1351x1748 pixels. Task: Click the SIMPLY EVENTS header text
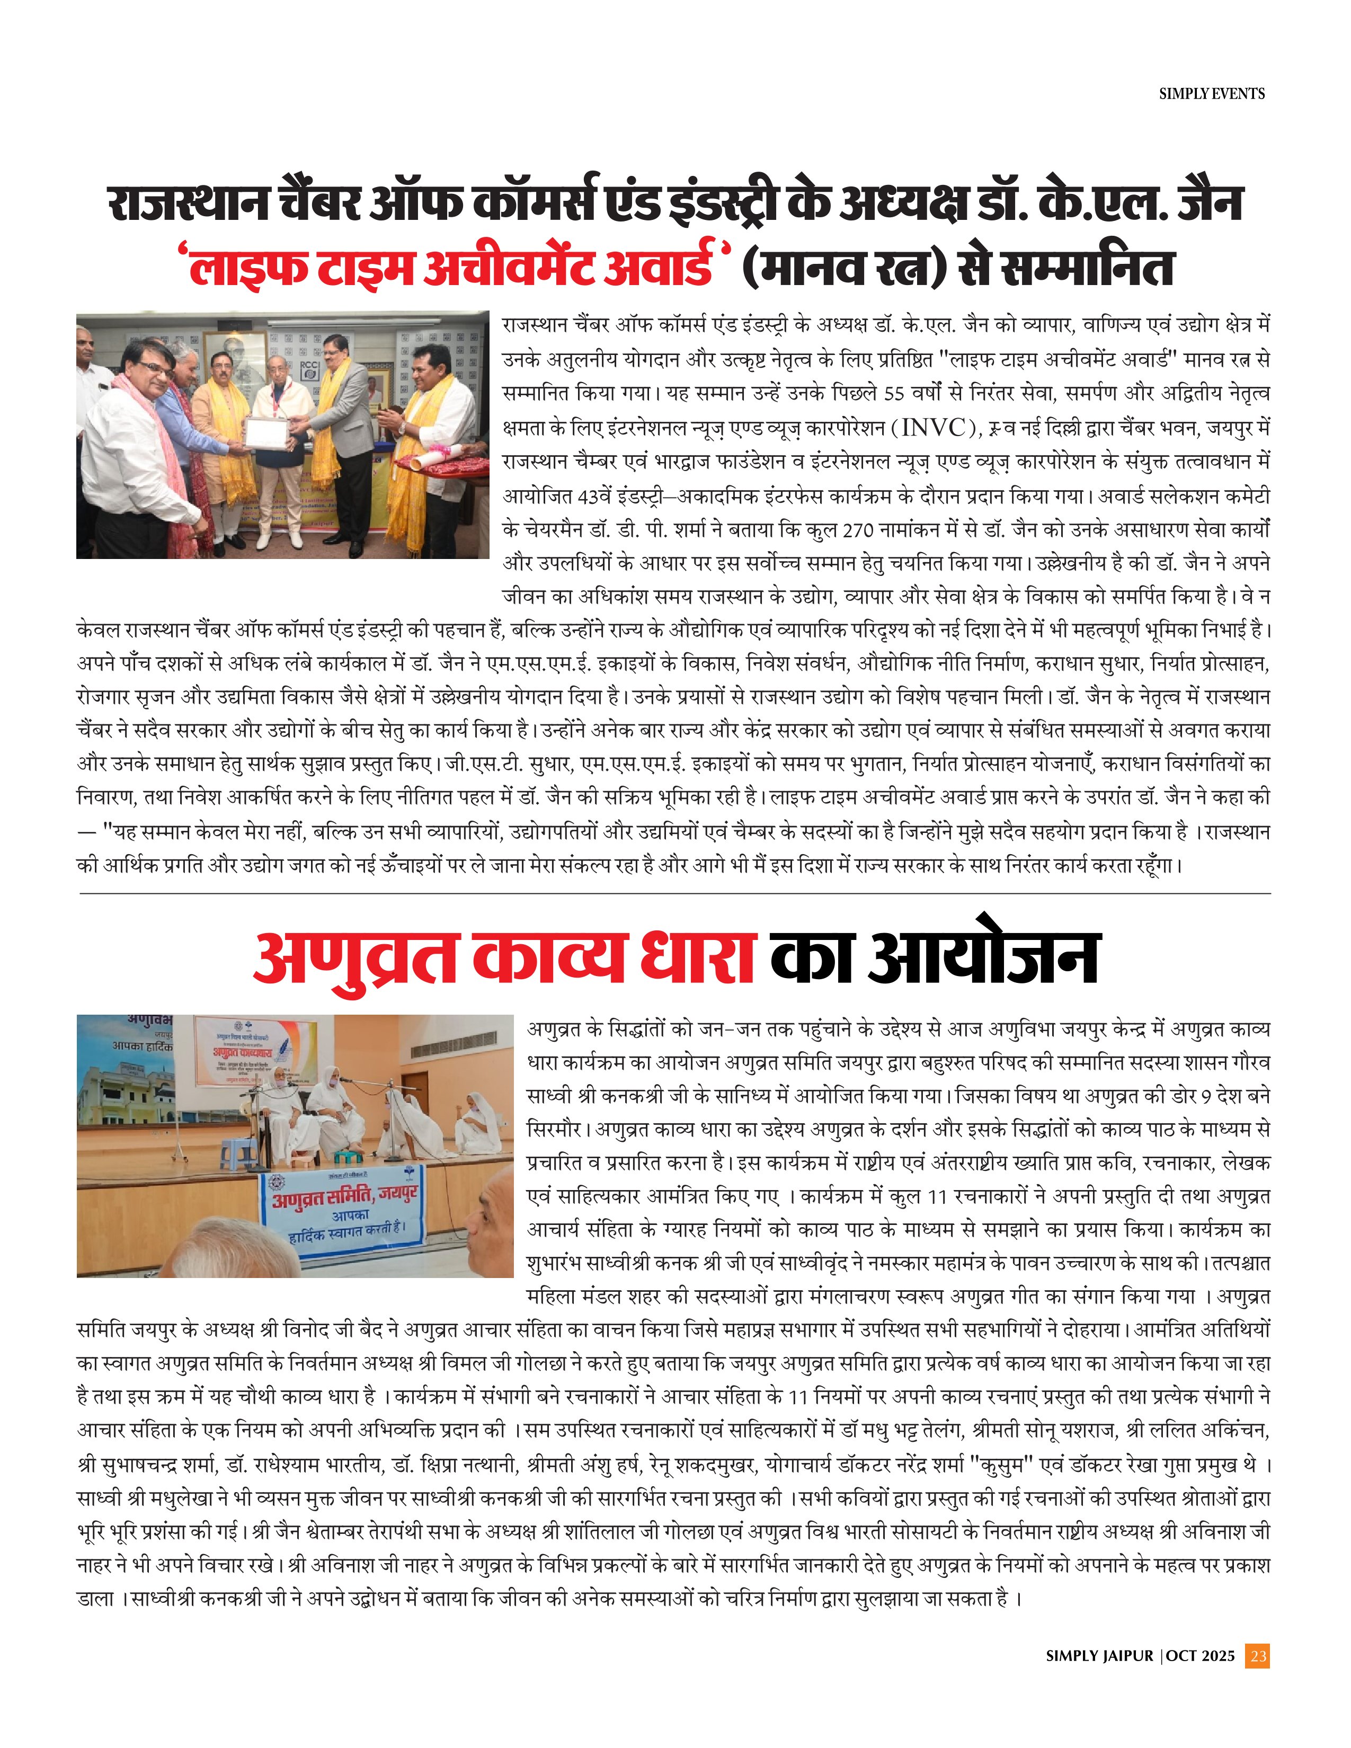pos(1212,94)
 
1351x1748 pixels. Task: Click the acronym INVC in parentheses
pos(933,428)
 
